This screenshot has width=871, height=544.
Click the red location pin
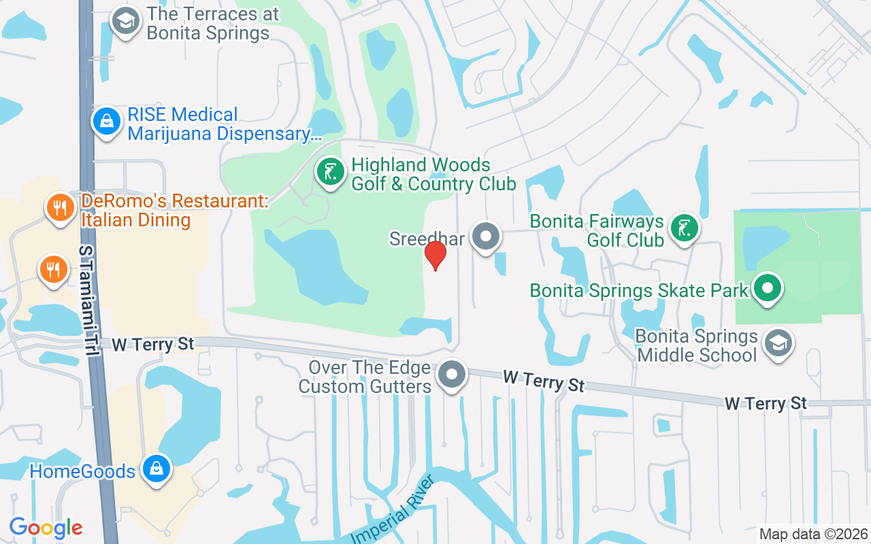coord(435,255)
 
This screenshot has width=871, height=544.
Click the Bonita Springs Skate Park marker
coord(768,288)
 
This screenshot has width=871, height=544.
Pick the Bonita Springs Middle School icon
coord(778,343)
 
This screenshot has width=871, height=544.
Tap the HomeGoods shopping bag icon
coord(157,469)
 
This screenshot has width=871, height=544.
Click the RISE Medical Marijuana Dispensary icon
coord(106,122)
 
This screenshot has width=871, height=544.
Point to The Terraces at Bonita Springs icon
coord(125,21)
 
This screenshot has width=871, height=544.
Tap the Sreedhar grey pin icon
coord(486,237)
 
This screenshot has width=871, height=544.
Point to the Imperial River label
coord(393,510)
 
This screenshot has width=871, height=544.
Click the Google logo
coord(46,528)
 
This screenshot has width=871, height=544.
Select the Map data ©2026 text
coord(814,534)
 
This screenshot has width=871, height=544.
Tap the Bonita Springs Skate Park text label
coord(639,290)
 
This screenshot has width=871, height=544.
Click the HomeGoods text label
coord(82,471)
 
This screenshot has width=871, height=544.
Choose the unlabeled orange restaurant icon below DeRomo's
coord(53,270)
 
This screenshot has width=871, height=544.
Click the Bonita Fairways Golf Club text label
coord(597,231)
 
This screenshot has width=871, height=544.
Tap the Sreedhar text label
coord(427,239)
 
